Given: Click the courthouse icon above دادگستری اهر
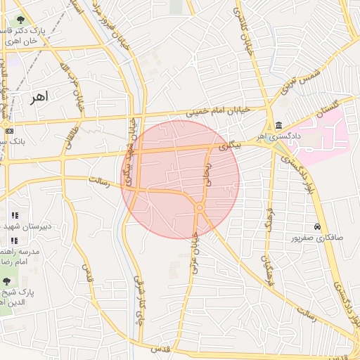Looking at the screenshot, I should [x=279, y=124].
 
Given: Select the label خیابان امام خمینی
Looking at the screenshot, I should [x=217, y=110].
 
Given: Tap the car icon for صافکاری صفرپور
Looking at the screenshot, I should [x=318, y=227].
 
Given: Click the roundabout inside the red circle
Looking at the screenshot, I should [x=200, y=207].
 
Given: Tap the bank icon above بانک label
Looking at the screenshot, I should [x=8, y=131].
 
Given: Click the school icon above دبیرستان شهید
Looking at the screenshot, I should [x=14, y=215].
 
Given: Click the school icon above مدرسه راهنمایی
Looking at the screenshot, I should [x=14, y=240].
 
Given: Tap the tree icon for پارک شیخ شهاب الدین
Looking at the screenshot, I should [x=7, y=281].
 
